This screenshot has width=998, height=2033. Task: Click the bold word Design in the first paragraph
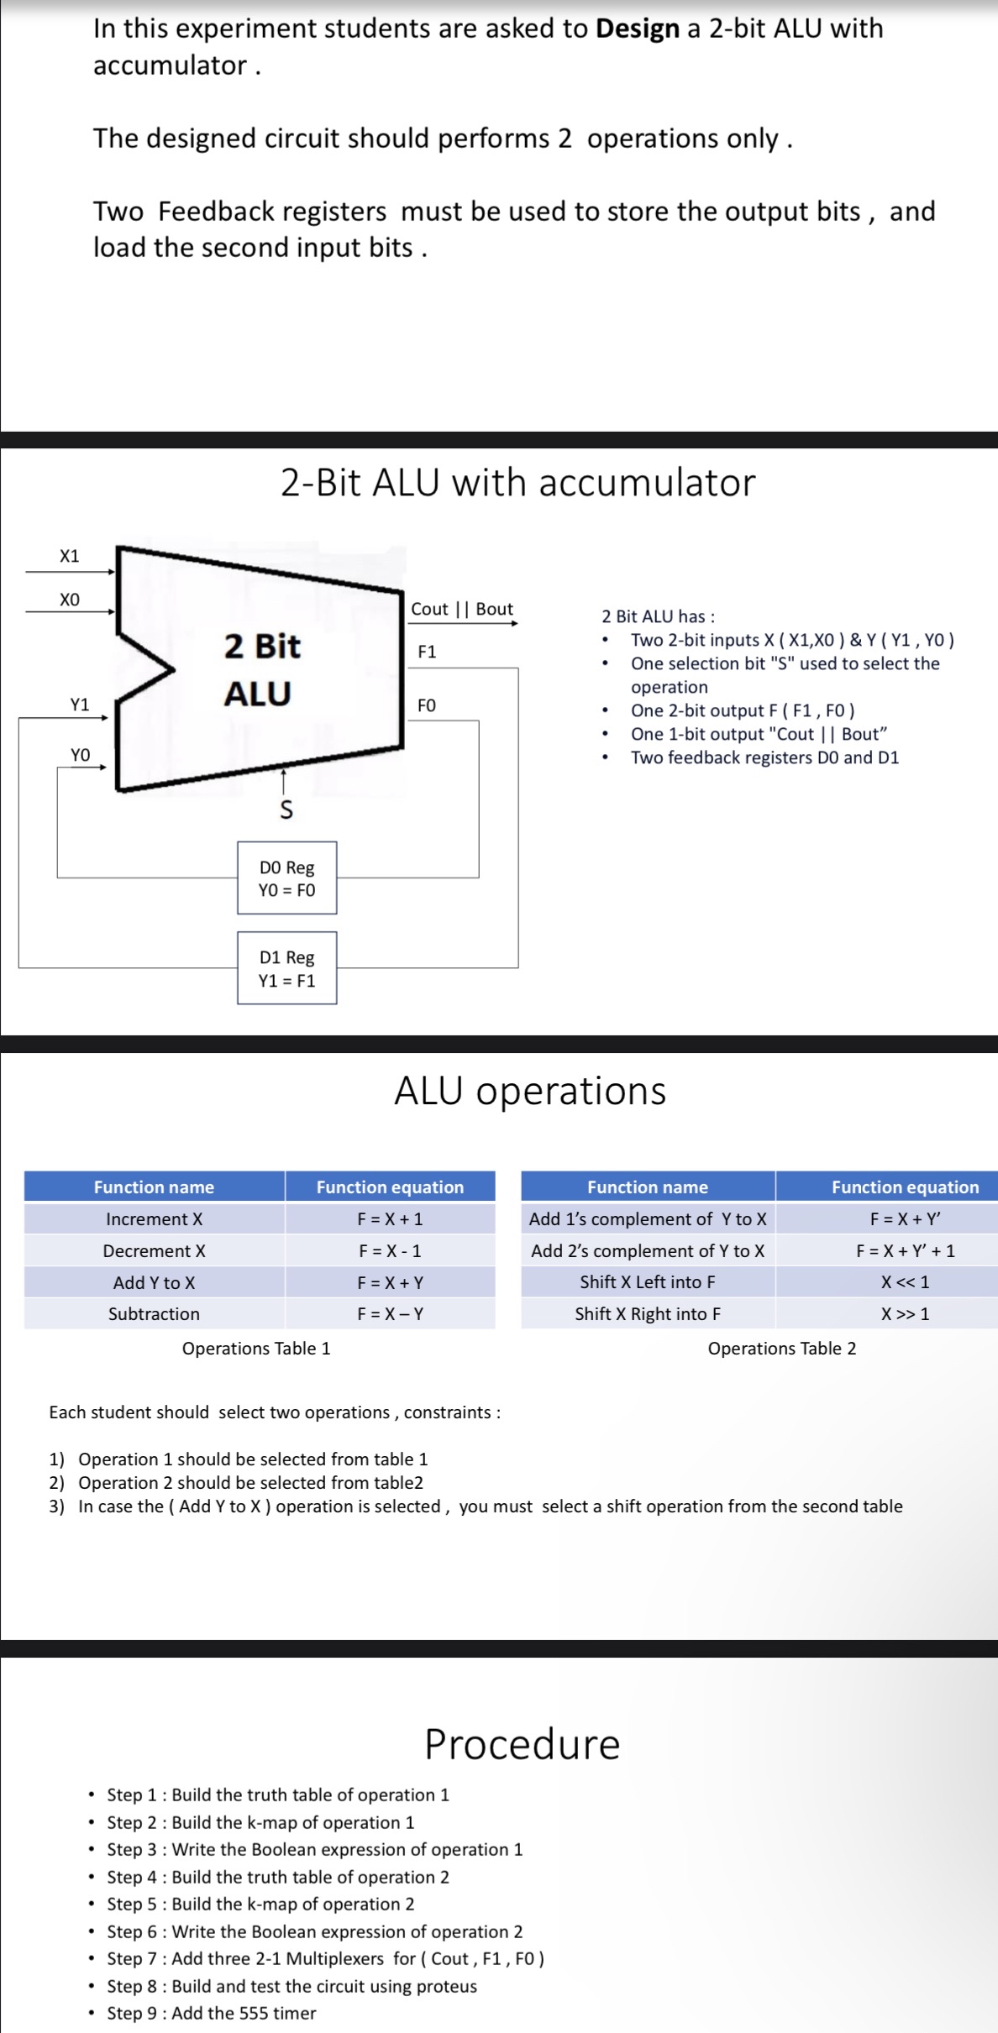pyautogui.click(x=637, y=29)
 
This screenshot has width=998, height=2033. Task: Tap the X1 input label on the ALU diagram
pyautogui.click(x=70, y=556)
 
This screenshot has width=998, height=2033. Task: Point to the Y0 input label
pyautogui.click(x=80, y=755)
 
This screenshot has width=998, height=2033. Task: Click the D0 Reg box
pyautogui.click(x=286, y=878)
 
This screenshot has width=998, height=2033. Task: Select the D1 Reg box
pyautogui.click(x=286, y=968)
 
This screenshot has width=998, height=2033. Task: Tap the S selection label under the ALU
pyautogui.click(x=286, y=810)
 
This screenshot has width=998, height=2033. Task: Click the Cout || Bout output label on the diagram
pyautogui.click(x=461, y=609)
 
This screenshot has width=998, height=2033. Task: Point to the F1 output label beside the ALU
pyautogui.click(x=427, y=652)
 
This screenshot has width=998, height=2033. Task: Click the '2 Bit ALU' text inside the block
pyautogui.click(x=260, y=669)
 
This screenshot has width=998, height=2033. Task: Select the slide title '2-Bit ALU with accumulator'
pyautogui.click(x=517, y=483)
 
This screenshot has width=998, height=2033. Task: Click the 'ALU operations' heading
pyautogui.click(x=530, y=1091)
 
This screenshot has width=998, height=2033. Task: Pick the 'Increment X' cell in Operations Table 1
pyautogui.click(x=154, y=1218)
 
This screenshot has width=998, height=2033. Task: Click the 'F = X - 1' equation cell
pyautogui.click(x=390, y=1250)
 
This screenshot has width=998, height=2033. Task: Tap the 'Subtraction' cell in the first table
pyautogui.click(x=154, y=1313)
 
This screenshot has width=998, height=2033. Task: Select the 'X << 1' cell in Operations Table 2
pyautogui.click(x=905, y=1282)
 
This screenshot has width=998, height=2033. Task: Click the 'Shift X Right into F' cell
pyautogui.click(x=647, y=1313)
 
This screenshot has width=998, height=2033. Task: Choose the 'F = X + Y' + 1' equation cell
pyautogui.click(x=905, y=1250)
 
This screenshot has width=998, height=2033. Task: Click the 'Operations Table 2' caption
pyautogui.click(x=781, y=1348)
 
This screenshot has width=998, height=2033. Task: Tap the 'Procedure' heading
pyautogui.click(x=522, y=1744)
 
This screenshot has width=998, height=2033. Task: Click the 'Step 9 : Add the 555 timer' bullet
pyautogui.click(x=211, y=2013)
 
